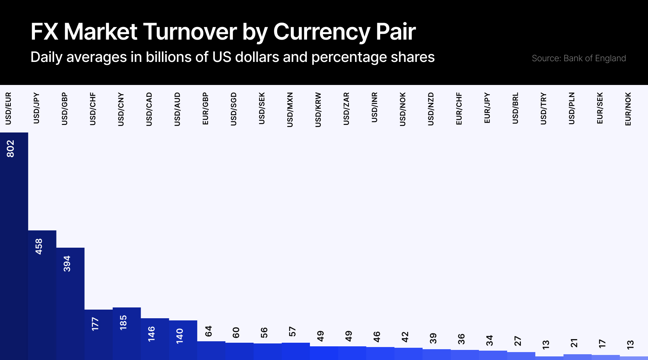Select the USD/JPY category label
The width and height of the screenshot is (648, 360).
36,108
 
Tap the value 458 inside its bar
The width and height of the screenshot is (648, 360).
39,247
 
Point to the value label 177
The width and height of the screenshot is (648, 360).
95,324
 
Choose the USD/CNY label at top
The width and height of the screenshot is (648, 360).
121,109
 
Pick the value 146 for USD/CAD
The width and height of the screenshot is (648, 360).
152,334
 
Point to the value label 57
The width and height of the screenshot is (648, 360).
292,332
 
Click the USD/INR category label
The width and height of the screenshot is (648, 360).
375,107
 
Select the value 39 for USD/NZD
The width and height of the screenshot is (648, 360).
433,338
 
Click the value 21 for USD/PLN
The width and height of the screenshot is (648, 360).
574,343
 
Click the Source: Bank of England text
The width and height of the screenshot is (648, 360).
579,58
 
